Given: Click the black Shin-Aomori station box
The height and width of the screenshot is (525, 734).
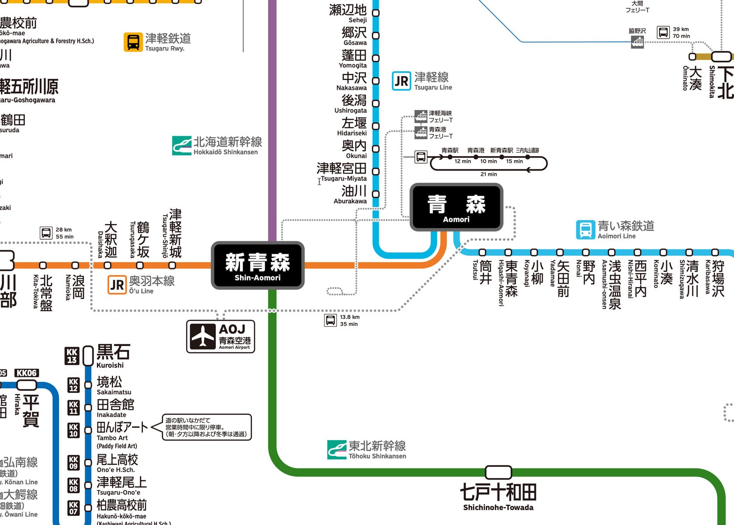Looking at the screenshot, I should pyautogui.click(x=257, y=265).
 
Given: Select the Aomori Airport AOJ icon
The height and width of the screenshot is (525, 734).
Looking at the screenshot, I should pyautogui.click(x=203, y=336).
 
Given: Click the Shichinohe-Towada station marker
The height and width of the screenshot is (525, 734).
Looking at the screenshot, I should pyautogui.click(x=498, y=472).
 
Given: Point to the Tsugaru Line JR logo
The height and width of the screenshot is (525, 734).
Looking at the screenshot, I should pyautogui.click(x=401, y=81).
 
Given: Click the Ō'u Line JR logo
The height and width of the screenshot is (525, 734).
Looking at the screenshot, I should pyautogui.click(x=117, y=285).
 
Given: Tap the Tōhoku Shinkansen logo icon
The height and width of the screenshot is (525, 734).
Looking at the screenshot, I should pyautogui.click(x=336, y=449).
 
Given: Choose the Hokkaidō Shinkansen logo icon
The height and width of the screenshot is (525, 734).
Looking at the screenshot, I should pyautogui.click(x=181, y=145).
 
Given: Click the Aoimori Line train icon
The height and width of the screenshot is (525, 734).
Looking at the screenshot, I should pyautogui.click(x=585, y=230).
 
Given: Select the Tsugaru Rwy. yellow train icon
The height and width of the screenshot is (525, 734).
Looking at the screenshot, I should pyautogui.click(x=133, y=42).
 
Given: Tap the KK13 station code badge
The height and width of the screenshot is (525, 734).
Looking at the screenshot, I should pyautogui.click(x=72, y=356).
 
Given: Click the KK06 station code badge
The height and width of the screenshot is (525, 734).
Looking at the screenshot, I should pyautogui.click(x=27, y=373).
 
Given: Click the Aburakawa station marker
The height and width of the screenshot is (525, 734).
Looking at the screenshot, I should pyautogui.click(x=375, y=194).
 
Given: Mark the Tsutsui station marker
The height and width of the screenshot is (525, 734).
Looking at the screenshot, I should pyautogui.click(x=482, y=252).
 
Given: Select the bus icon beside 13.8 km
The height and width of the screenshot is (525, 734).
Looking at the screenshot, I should pyautogui.click(x=330, y=320).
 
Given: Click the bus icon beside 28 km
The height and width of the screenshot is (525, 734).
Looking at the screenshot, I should pyautogui.click(x=46, y=233).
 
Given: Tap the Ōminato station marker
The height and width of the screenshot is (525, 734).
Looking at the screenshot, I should pyautogui.click(x=692, y=57).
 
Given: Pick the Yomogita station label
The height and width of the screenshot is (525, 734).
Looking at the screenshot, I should pyautogui.click(x=354, y=59).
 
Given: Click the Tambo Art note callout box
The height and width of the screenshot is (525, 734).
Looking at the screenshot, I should pyautogui.click(x=207, y=427).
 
